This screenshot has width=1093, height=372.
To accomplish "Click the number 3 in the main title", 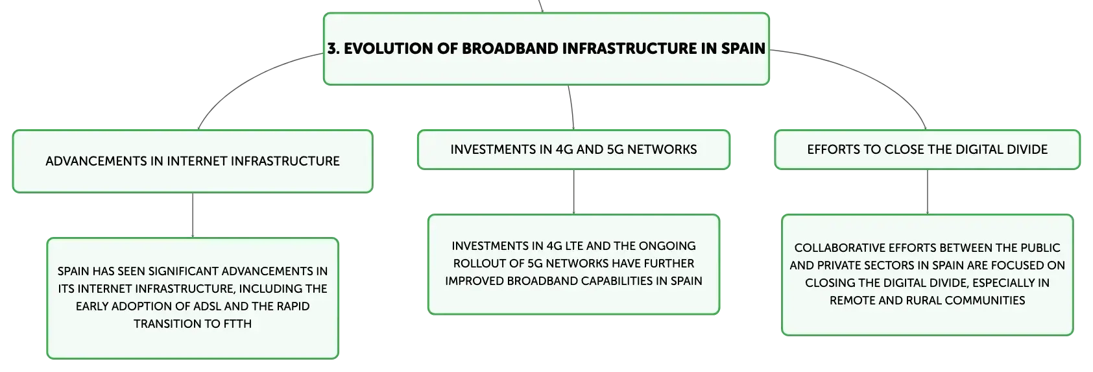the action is pos(332,48).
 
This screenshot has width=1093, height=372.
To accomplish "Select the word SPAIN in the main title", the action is pos(743,48).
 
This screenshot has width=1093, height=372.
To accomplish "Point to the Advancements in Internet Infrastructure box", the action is pos(193,161).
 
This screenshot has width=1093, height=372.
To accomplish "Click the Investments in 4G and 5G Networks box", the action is pos(574,149).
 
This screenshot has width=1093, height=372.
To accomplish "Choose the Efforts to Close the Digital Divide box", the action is pos(927,149).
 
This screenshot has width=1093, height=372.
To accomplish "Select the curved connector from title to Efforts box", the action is pos(869,73).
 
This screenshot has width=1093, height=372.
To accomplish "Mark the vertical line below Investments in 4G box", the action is pos(574,192).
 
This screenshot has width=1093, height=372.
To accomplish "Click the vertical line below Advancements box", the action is pos(193,216).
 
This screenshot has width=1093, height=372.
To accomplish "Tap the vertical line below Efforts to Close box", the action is pos(927,192).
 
